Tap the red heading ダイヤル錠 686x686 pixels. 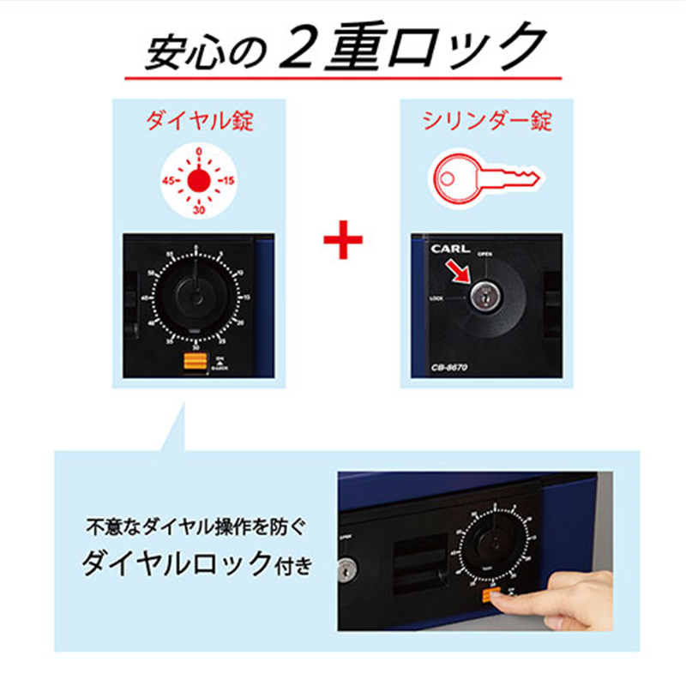(x=199, y=121)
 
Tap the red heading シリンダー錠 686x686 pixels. (x=487, y=121)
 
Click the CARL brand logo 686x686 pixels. (x=448, y=250)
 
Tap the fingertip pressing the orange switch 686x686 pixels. (x=510, y=601)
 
